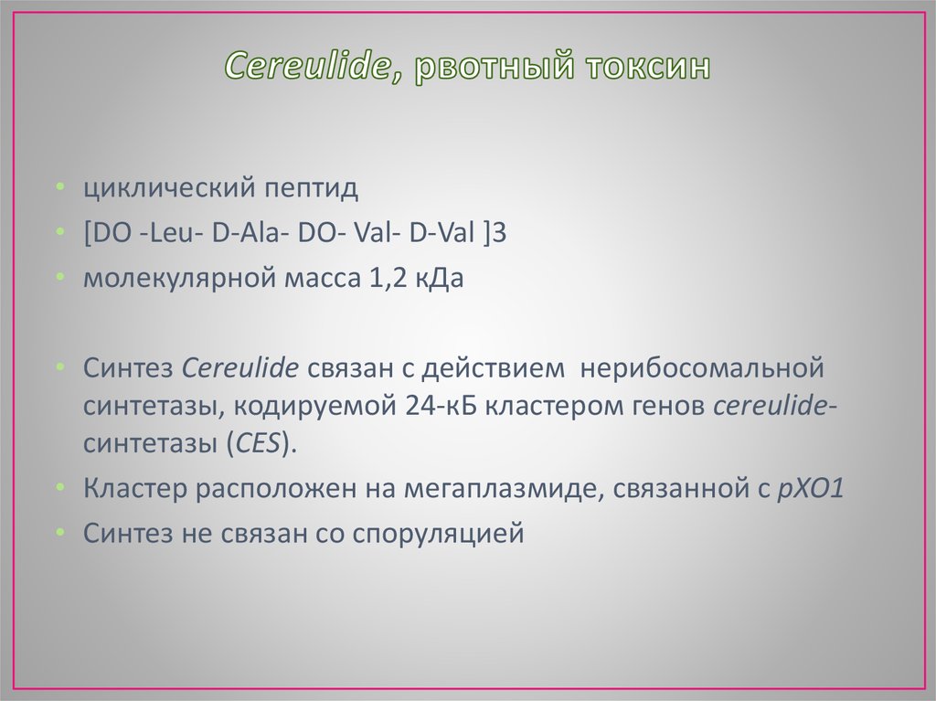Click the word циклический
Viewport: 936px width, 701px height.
(167, 190)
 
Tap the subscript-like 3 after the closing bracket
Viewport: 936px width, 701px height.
(498, 234)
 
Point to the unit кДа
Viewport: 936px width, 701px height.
(442, 278)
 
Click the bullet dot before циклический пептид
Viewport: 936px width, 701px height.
(59, 189)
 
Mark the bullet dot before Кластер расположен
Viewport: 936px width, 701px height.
(59, 488)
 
